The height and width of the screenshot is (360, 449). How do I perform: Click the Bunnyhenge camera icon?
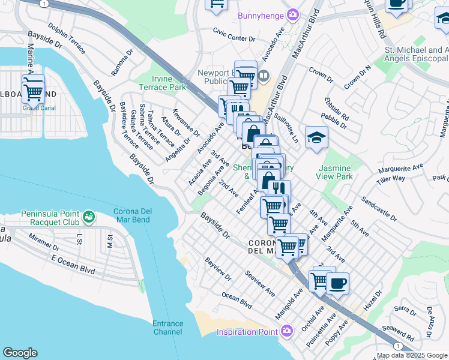(293, 14)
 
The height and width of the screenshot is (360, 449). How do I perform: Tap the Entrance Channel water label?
(167, 328)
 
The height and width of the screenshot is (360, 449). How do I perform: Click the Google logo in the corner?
(20, 353)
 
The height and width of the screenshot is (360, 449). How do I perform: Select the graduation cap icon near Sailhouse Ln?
(316, 139)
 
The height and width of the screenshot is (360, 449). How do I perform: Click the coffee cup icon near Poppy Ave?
(337, 283)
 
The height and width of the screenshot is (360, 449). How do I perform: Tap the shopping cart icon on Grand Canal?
(34, 91)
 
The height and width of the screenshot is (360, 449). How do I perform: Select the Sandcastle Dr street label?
(378, 208)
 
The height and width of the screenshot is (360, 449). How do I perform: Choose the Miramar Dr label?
(47, 242)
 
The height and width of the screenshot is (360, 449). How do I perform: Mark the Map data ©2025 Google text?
(412, 355)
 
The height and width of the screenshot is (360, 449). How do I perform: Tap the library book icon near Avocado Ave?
(264, 76)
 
